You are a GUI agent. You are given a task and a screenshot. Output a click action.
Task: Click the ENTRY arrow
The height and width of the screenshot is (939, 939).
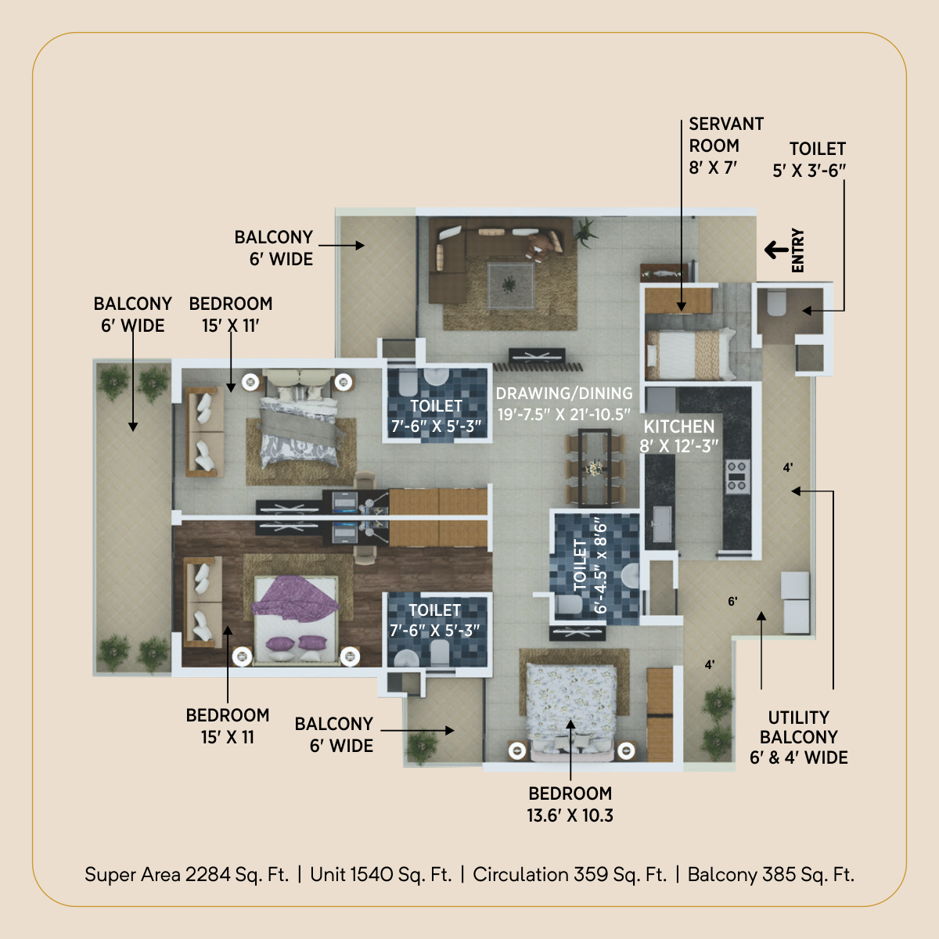tap(776, 250)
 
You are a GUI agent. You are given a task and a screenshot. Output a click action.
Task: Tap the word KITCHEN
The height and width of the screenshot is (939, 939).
tap(678, 426)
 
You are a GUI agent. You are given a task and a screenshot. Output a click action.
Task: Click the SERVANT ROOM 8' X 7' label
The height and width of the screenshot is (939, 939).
tap(725, 146)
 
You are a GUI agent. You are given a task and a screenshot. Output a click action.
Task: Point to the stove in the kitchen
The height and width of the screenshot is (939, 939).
tap(737, 477)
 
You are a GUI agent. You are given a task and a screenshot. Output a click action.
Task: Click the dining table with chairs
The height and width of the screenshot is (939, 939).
tap(595, 468)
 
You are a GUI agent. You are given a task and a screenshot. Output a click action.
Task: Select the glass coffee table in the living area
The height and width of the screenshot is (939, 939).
tap(510, 286)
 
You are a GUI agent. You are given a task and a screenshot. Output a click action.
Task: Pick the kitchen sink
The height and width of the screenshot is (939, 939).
tap(661, 523)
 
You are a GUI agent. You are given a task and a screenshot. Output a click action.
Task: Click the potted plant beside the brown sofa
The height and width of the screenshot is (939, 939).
tap(585, 231)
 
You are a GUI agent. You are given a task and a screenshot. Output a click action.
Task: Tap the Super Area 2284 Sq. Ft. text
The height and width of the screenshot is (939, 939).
tap(187, 874)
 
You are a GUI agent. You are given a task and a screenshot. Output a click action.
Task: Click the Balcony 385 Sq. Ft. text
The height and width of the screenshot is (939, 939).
tap(771, 874)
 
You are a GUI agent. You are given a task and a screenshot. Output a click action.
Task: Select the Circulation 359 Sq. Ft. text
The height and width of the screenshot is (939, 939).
tap(570, 874)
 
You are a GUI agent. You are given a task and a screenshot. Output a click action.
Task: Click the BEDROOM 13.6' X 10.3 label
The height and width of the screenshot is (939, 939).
tap(570, 804)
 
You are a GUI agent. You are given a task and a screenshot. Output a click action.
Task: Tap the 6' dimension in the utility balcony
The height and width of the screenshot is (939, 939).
tap(732, 601)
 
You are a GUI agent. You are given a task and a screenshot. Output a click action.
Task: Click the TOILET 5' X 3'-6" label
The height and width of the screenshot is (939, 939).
tap(809, 160)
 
